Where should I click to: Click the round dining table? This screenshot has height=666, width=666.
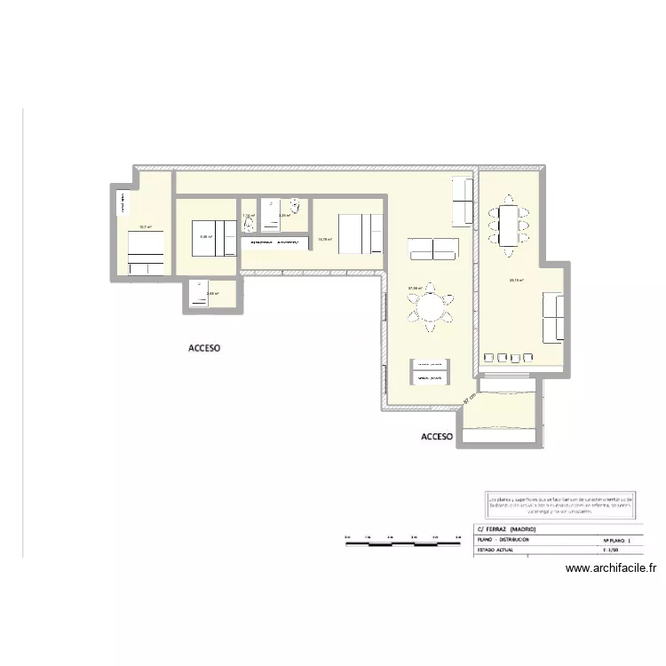(x=430, y=308)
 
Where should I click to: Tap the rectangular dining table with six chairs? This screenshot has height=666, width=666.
(x=507, y=226)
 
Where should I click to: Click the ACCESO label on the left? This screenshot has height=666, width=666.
(x=204, y=349)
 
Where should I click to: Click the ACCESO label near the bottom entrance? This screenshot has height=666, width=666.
(x=437, y=437)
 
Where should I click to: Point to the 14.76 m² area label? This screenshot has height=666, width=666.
(x=325, y=239)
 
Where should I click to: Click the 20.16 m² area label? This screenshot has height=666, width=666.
(x=515, y=281)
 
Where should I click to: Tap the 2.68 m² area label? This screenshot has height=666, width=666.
(x=212, y=294)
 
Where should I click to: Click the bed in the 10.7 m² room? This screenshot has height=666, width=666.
(x=146, y=250)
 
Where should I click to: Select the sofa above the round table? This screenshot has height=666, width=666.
(x=432, y=249)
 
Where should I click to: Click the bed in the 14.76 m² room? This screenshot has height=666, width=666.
(x=358, y=234)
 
